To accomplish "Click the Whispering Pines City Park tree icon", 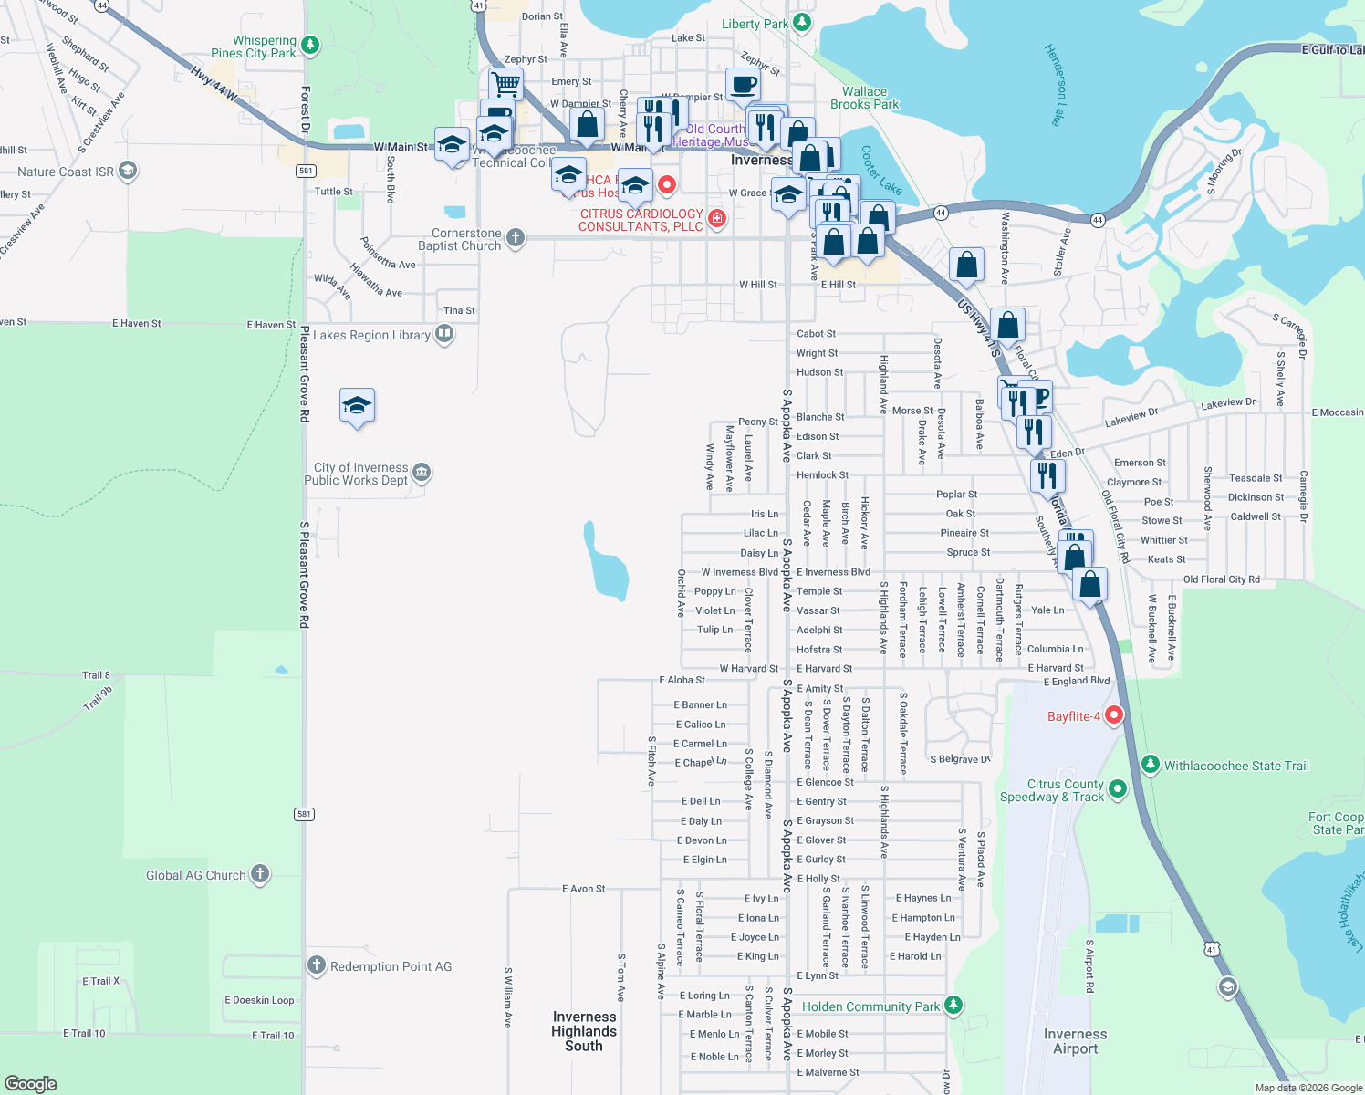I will (310, 45).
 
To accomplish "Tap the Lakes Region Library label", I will (371, 335).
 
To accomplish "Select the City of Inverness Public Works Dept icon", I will (421, 472).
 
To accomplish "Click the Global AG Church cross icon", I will (260, 874).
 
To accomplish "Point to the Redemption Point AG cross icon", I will (317, 965).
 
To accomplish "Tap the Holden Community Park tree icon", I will (953, 1005).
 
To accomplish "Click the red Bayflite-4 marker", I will (1114, 715).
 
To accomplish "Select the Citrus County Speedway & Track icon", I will (1118, 788).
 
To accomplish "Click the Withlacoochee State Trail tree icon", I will (1151, 764).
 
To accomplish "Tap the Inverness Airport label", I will (1075, 1041).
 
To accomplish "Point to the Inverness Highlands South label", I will (584, 1031).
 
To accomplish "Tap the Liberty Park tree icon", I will (802, 22).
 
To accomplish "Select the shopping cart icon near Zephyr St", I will (505, 85).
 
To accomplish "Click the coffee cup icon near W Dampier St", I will (743, 85).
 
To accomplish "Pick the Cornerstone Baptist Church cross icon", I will (516, 238).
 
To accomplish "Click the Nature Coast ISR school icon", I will (128, 171).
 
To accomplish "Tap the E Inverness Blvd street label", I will (833, 572).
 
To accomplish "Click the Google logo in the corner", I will (30, 1083).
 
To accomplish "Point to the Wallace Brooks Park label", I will (864, 98).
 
